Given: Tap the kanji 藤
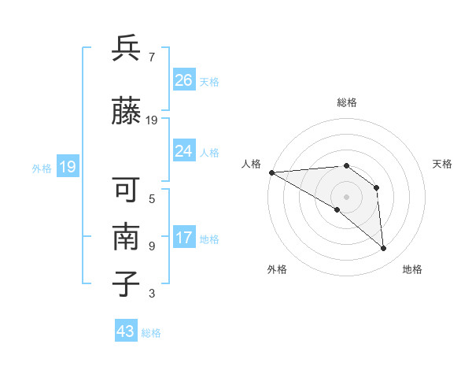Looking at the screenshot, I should [127, 112].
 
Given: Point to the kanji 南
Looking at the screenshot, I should [127, 238].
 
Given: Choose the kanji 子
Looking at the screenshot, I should [127, 284].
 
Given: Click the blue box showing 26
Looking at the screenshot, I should [183, 80].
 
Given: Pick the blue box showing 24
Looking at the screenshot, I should [183, 151].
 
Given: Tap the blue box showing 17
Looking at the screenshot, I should [183, 238].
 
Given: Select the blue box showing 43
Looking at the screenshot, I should [126, 331].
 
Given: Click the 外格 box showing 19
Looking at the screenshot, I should [67, 167].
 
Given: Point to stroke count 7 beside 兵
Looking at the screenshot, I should [151, 57].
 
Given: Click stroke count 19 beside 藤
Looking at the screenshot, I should [152, 120].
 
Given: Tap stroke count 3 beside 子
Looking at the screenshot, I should [151, 294].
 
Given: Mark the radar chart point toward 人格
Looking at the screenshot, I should [271, 172].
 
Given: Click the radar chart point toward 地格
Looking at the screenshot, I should [384, 249].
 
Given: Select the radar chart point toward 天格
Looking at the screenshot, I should [376, 187].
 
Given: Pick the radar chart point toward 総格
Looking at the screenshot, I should [346, 165].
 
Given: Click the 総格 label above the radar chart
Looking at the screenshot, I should [346, 102].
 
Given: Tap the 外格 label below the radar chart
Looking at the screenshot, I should [277, 269].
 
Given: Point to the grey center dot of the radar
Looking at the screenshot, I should [346, 196].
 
